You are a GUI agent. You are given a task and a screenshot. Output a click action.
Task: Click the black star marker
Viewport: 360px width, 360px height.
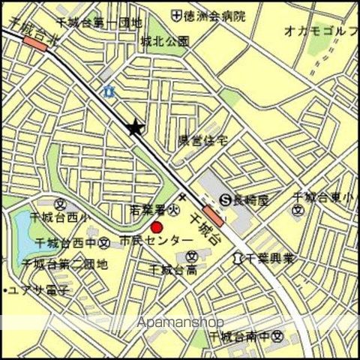(135, 128)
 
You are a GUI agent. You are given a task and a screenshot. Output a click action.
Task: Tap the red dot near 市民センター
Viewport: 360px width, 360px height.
(157, 227)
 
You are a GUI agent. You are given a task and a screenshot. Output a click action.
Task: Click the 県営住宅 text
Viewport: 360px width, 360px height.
(202, 139)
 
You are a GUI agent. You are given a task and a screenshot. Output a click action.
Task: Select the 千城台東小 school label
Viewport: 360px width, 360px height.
(325, 197)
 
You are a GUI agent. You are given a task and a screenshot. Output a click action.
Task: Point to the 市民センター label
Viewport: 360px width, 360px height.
(151, 242)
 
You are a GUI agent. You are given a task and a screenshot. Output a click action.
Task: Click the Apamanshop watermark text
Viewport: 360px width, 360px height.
(180, 322)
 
